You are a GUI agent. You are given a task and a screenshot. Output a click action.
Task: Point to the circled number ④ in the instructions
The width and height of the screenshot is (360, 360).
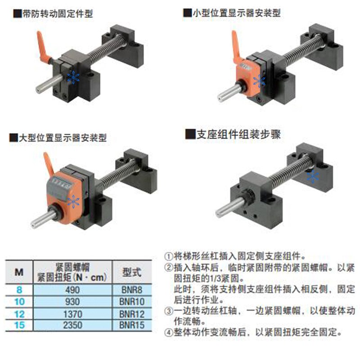(168, 333)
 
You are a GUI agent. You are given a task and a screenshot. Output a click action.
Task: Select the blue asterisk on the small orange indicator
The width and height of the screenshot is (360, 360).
(259, 81)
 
